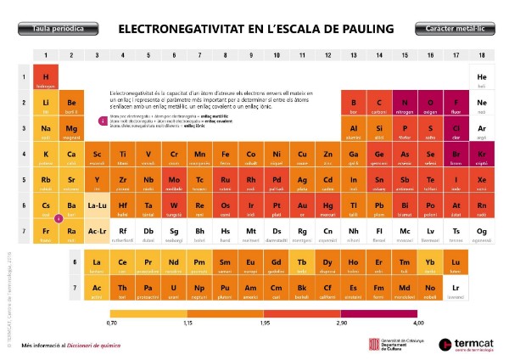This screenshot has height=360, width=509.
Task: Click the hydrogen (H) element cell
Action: click(x=46, y=77)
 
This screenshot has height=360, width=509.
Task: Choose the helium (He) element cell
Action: click(x=482, y=78)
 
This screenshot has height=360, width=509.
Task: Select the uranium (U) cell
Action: click(x=174, y=290)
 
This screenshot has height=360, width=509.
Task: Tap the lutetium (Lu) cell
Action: click(x=456, y=264)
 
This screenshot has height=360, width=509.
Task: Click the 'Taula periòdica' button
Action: click(x=58, y=29)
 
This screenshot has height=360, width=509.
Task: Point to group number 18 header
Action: click(x=482, y=55)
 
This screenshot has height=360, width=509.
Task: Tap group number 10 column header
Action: click(x=277, y=55)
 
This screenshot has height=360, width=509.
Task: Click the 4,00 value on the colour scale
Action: click(x=417, y=323)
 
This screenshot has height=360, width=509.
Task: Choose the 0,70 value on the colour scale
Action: click(x=112, y=323)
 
